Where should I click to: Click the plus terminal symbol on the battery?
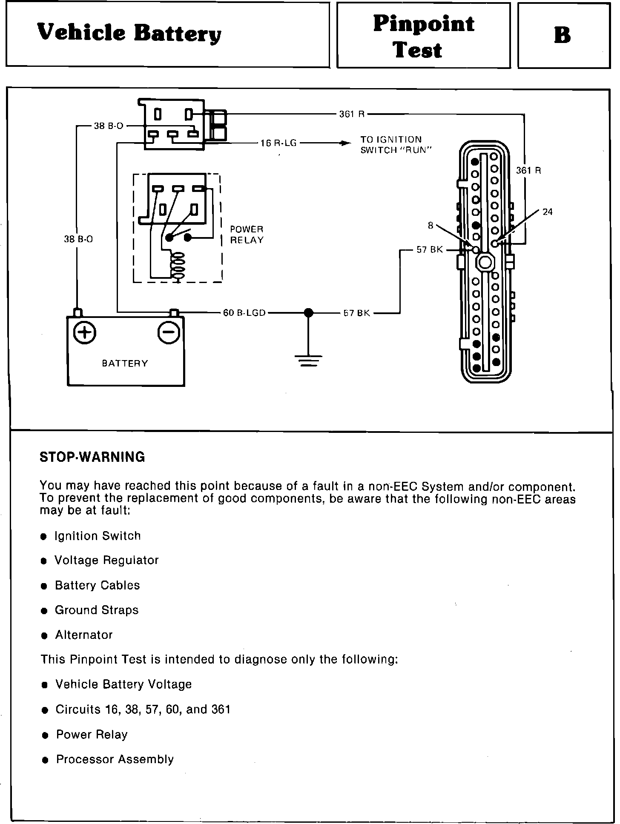coord(85,332)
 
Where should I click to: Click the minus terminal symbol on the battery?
coord(169,332)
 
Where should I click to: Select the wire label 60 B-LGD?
coord(244,313)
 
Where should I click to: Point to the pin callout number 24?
coord(548,212)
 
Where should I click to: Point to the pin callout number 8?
coord(431,226)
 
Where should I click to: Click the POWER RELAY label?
coord(247,235)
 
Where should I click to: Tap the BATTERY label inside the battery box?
coord(125,363)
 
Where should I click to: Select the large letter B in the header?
coord(563,35)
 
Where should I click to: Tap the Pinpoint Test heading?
coord(423,36)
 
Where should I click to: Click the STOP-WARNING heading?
coord(92,457)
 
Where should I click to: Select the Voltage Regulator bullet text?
coord(106,561)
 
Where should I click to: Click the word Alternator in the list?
coord(84,635)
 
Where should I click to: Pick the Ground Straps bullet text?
coord(97,610)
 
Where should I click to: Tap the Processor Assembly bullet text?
coord(115,760)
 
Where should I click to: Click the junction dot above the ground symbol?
coord(309,313)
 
